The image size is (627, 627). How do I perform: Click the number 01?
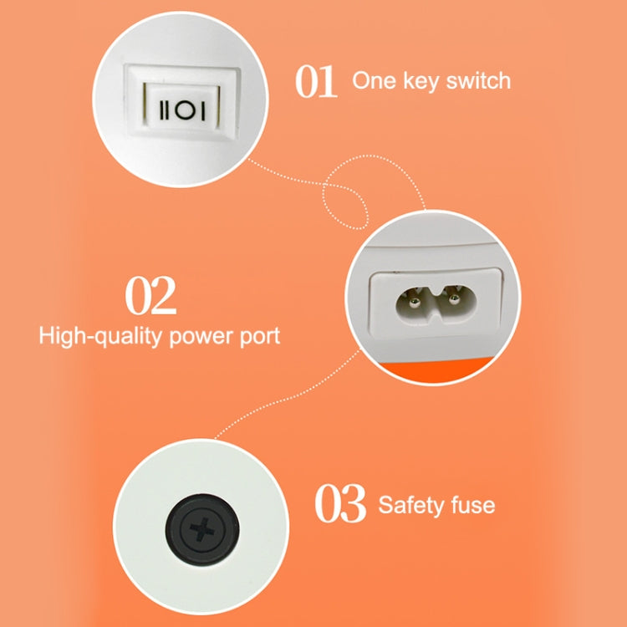coord(316,81)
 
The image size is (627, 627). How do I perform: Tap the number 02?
coord(150,295)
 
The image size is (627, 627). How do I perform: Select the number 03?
coord(340,503)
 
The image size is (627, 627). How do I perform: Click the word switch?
coord(478,80)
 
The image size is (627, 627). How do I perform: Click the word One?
coord(375,80)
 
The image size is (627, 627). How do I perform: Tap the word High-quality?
coord(100,337)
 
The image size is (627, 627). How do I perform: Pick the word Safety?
coord(411,505)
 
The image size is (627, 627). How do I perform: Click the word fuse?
coord(473,504)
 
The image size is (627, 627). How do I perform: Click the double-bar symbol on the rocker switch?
coord(165,110)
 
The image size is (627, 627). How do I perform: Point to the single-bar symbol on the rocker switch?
coord(203,110)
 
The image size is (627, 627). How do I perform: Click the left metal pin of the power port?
coord(413,302)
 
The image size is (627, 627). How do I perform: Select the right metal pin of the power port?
coord(454,298)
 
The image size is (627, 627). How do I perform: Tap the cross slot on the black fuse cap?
coord(202,529)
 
